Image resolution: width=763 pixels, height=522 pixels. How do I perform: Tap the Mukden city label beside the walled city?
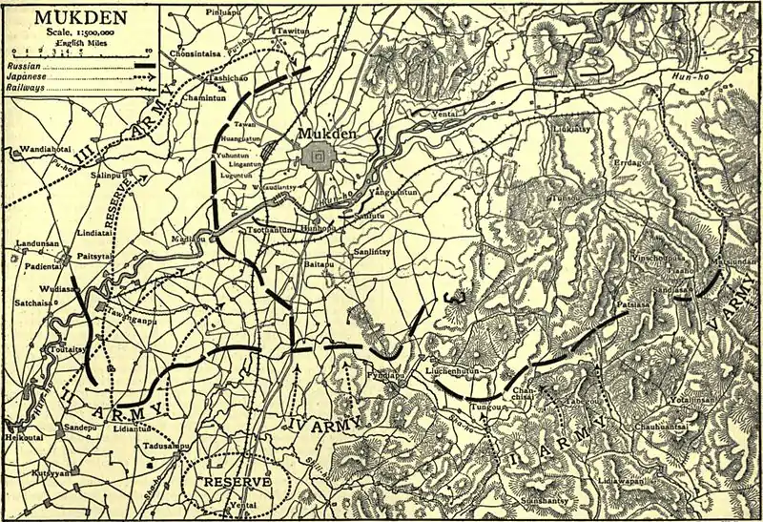click(x=325, y=135)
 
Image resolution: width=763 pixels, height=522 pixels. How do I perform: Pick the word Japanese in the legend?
click(x=27, y=75)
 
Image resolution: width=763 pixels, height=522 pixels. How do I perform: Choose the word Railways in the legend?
click(x=27, y=87)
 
